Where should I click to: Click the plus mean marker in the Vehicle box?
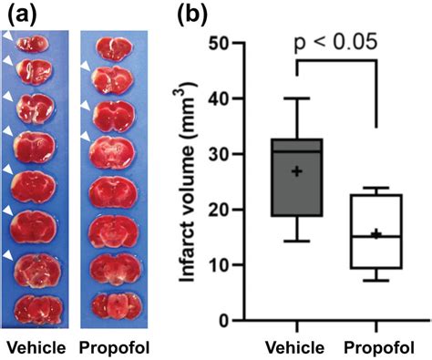tap(295, 170)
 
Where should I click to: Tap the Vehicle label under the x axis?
tap(297, 346)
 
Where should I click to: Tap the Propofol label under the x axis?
tap(376, 346)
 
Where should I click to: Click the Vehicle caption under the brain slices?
tap(34, 346)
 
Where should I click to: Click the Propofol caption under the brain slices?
tap(112, 346)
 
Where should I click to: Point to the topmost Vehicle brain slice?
tap(36, 42)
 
